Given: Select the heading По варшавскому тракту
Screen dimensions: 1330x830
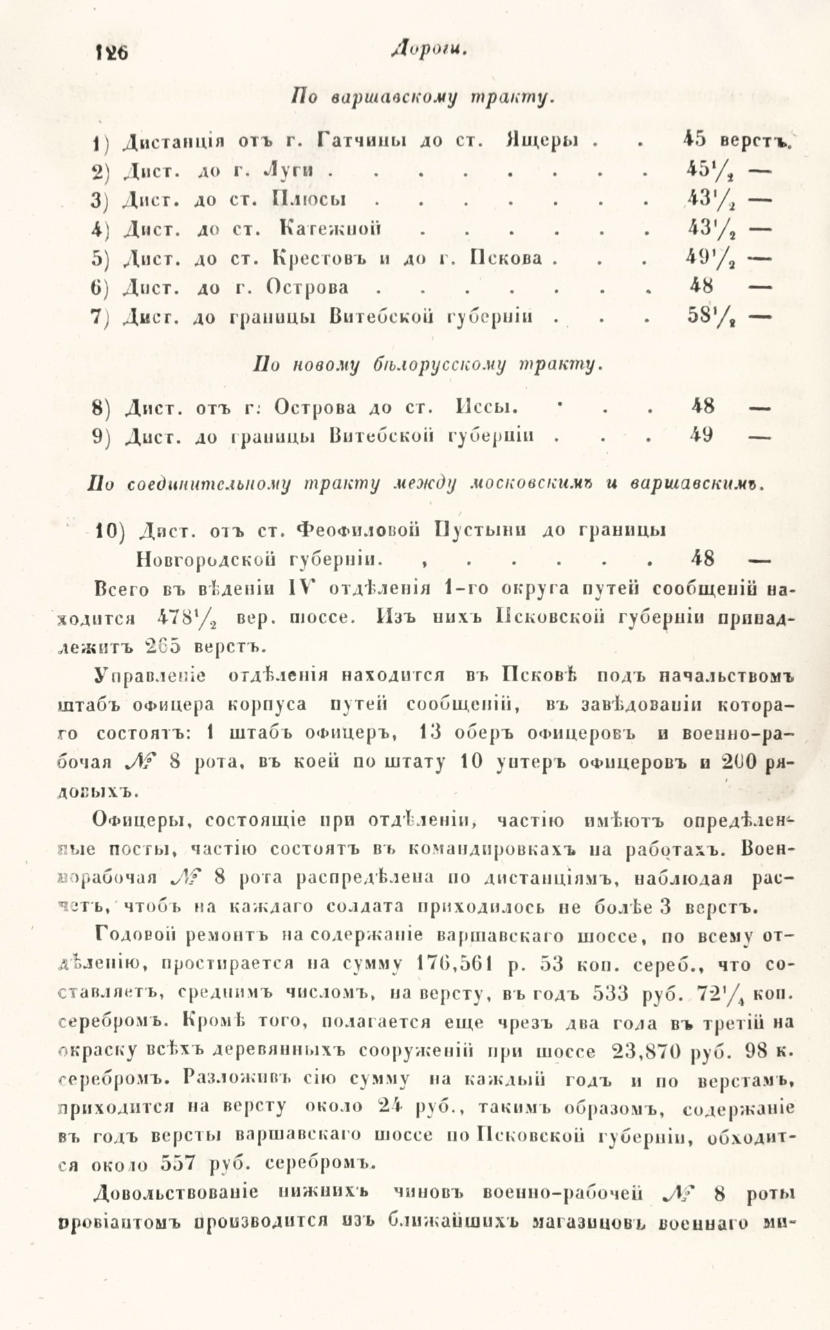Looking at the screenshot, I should coord(423,96).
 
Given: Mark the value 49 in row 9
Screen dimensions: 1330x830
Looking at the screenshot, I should coord(702,435).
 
